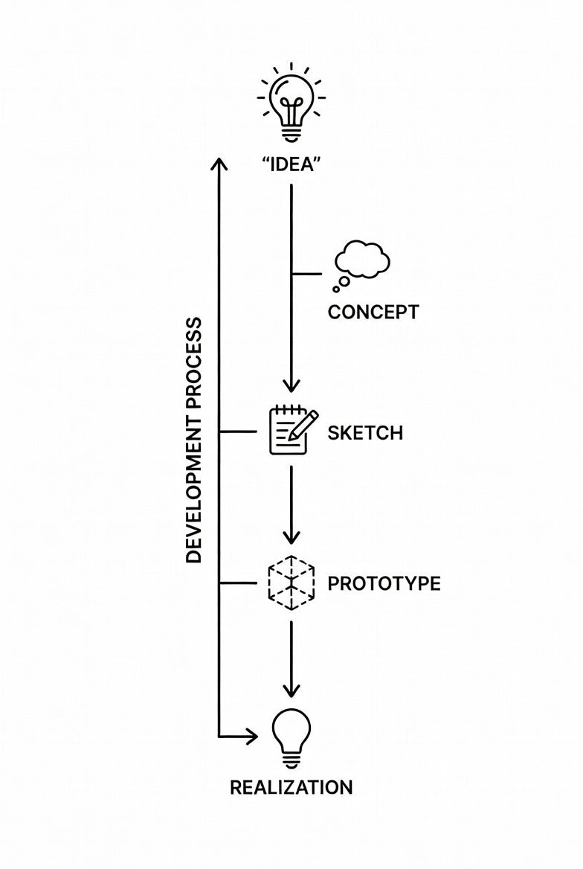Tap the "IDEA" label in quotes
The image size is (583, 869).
(290, 164)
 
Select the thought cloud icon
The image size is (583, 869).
(363, 262)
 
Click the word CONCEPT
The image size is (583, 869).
(373, 312)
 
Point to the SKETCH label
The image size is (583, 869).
(365, 433)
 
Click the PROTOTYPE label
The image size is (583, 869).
(384, 583)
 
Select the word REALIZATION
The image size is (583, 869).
(291, 787)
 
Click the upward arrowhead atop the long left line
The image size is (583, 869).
(218, 164)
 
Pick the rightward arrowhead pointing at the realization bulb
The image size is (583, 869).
(251, 737)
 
